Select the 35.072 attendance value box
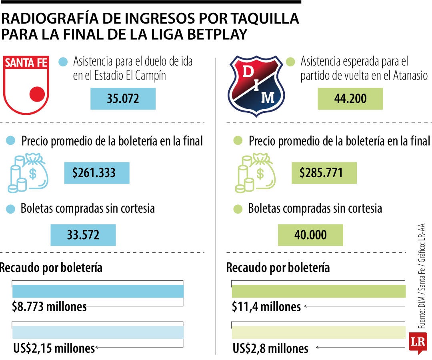123,99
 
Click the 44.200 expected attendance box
350,99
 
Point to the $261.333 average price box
97,173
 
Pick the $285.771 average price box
324,173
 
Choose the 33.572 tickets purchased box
83,235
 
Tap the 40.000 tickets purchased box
310,235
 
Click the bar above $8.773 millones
98,291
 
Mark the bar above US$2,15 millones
98,332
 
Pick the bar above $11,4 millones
318,291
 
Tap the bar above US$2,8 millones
318,332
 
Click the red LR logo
418,342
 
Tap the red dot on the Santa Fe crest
37,94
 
